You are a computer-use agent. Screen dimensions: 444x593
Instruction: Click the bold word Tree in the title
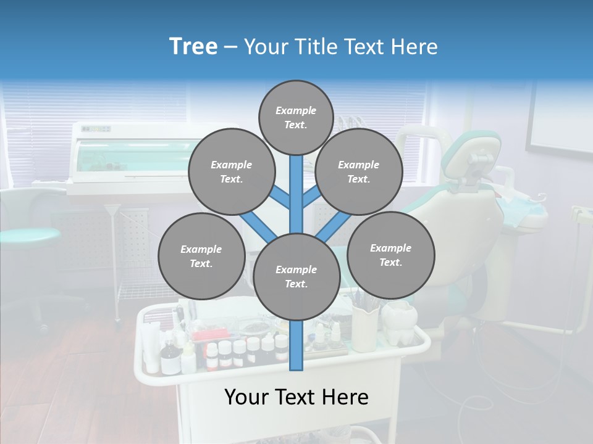[x=193, y=47]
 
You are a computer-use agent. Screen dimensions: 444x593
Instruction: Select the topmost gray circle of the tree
[x=296, y=117]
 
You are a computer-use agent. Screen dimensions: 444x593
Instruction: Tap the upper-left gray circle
[x=231, y=172]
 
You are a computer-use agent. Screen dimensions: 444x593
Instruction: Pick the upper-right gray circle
[x=358, y=172]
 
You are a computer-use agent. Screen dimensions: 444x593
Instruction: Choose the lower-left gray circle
[x=201, y=257]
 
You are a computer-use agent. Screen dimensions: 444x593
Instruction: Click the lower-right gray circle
[x=390, y=255]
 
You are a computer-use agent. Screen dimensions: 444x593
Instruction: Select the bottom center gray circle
[x=296, y=277]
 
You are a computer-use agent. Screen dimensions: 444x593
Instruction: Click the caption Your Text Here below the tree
[x=296, y=397]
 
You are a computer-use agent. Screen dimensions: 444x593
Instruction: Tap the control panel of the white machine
[x=96, y=129]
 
